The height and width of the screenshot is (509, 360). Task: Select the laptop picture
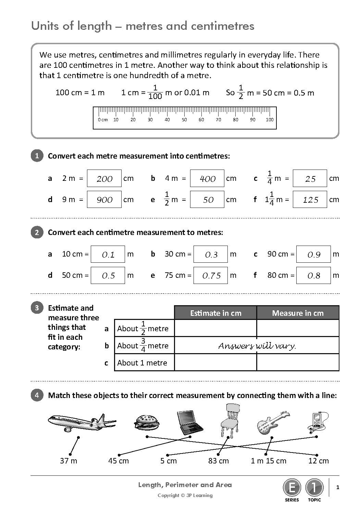coord(190,422)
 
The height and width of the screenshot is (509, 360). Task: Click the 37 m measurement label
coord(69,461)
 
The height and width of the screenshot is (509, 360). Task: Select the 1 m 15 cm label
coord(269,461)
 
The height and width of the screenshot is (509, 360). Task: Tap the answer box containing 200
coord(104,178)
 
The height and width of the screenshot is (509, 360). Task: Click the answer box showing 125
coord(310,200)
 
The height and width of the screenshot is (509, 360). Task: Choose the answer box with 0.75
coord(211,275)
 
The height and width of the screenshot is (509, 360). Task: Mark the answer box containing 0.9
coord(313,254)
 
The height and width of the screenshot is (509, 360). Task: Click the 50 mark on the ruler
coord(184,120)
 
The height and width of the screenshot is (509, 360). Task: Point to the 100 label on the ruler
coord(270,120)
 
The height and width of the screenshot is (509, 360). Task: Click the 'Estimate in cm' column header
coord(215,313)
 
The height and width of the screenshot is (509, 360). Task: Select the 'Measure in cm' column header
coord(298,313)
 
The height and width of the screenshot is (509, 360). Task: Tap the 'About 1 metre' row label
coord(142,363)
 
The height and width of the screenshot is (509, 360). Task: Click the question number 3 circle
coord(37,308)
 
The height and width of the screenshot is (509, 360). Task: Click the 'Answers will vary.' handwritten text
coord(257,346)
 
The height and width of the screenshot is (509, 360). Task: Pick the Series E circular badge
coord(292,487)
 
